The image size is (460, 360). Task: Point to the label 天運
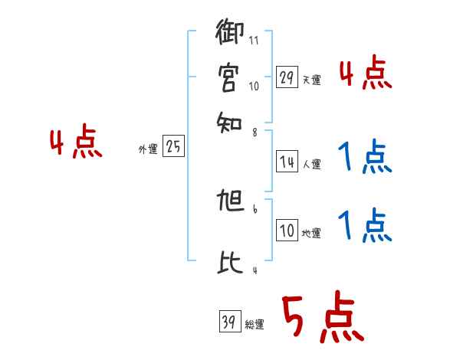click(312, 80)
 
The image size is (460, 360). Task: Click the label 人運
click(312, 164)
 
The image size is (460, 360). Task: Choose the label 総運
click(255, 325)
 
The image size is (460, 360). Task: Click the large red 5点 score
click(322, 318)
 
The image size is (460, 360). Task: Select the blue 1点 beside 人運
click(365, 159)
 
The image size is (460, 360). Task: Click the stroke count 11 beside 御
click(254, 40)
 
